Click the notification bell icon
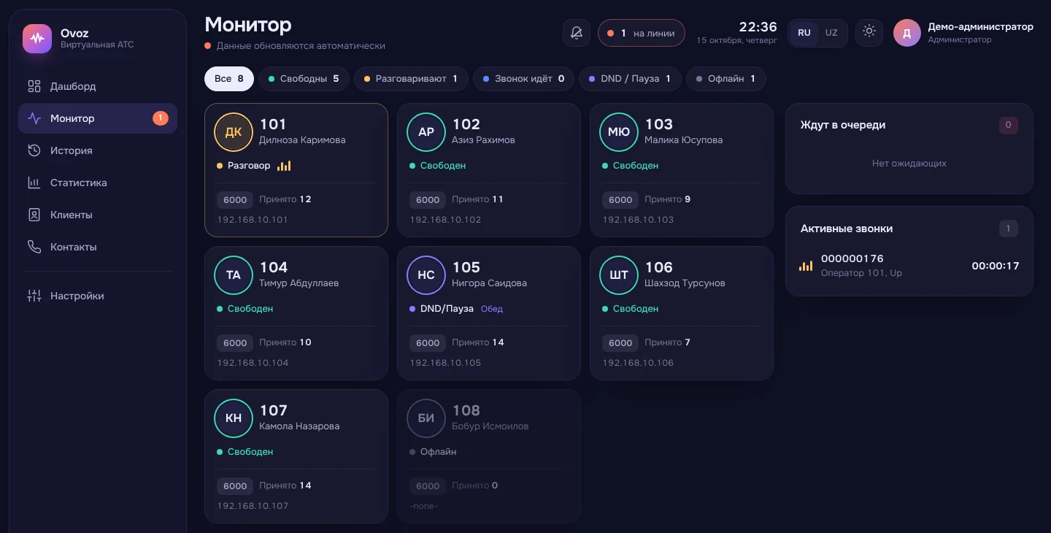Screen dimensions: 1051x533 coord(577,33)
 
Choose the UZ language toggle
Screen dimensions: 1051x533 coord(831,33)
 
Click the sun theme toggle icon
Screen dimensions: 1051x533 coord(869,31)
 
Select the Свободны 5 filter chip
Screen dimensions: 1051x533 coord(304,79)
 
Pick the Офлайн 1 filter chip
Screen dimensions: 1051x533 coord(725,79)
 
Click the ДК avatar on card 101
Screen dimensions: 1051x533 coord(234,132)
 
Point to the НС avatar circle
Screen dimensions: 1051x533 coord(426,275)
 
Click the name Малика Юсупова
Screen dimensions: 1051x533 coord(683,139)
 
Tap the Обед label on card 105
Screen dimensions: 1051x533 coord(492,309)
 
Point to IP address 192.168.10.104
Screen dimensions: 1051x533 coord(253,363)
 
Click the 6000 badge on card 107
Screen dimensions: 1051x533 coord(235,486)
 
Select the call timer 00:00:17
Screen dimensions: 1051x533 coord(996,266)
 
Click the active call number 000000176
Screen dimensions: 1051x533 coord(852,258)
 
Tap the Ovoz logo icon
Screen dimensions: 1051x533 coord(37,39)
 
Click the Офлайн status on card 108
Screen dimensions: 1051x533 coord(438,452)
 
